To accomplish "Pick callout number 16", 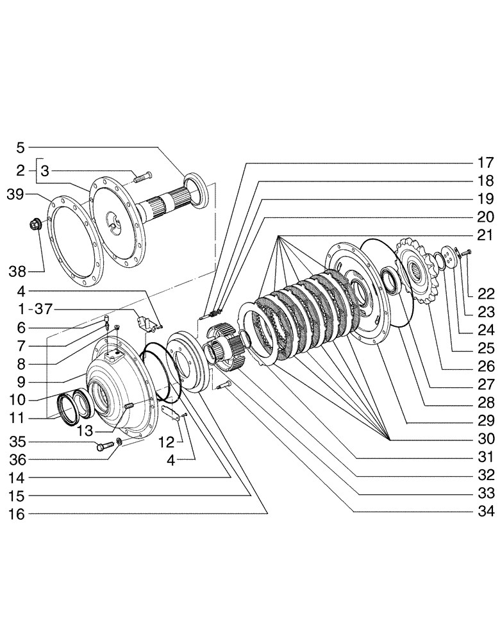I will [19, 514].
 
